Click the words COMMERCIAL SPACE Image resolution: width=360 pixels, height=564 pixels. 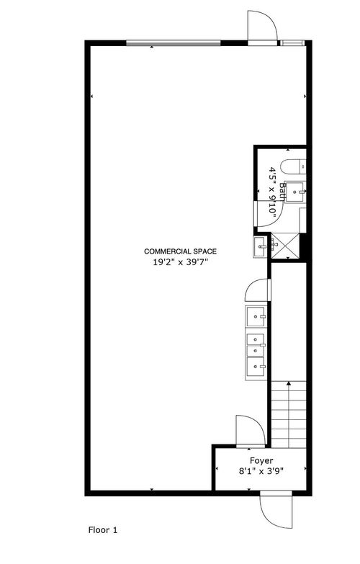[x=180, y=251]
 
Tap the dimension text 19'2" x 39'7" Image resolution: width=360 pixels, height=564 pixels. [x=181, y=262]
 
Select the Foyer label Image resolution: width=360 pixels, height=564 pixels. [x=261, y=461]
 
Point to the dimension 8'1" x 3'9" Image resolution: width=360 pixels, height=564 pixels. [x=261, y=471]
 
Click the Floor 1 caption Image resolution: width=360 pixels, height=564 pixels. [x=103, y=530]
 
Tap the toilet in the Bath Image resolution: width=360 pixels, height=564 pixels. [x=293, y=167]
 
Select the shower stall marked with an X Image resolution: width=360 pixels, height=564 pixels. [x=284, y=246]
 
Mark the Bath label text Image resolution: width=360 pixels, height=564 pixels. [x=283, y=192]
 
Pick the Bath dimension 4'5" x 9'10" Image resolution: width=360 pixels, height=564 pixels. [x=273, y=192]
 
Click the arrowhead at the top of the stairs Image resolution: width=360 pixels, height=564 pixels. [x=289, y=384]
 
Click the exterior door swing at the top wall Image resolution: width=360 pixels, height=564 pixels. [x=262, y=25]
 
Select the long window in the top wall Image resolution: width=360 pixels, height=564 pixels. [x=174, y=43]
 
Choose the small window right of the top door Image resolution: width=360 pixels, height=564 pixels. [x=292, y=43]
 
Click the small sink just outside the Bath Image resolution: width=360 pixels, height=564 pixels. [x=260, y=247]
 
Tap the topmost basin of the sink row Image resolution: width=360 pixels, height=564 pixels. [x=256, y=316]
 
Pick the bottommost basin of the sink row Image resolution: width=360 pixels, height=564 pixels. [x=256, y=367]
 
